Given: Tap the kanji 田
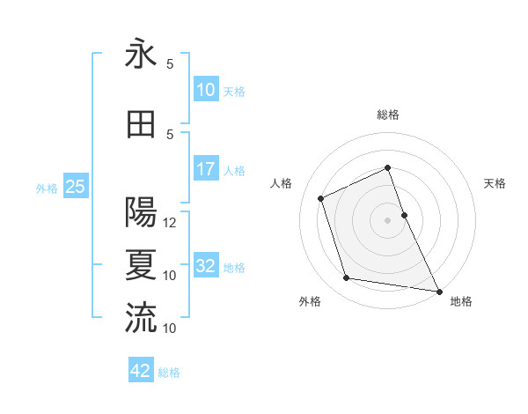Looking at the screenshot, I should point(141,124).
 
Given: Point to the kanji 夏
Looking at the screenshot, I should point(141,265).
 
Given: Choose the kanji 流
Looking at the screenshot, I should point(141,318).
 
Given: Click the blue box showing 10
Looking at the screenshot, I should point(206,90).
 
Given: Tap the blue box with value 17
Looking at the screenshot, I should point(206,169).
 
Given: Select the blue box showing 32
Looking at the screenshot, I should point(206,266).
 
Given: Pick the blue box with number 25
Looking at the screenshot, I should point(75,187).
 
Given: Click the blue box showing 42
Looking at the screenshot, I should point(141,371).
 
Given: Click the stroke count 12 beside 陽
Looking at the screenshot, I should point(171,223).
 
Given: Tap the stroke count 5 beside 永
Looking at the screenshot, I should point(170,64).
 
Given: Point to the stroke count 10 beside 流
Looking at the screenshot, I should point(171,329).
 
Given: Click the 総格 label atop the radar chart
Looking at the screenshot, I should point(388,115).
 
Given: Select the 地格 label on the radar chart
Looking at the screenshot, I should point(461,301).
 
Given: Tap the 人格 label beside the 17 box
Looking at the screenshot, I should point(234,170).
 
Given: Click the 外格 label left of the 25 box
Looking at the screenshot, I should point(46,188).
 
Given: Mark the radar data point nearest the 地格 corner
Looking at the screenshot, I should point(439,290).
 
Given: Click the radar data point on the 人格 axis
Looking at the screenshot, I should point(321,198).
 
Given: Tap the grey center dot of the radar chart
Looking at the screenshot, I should point(388,219).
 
